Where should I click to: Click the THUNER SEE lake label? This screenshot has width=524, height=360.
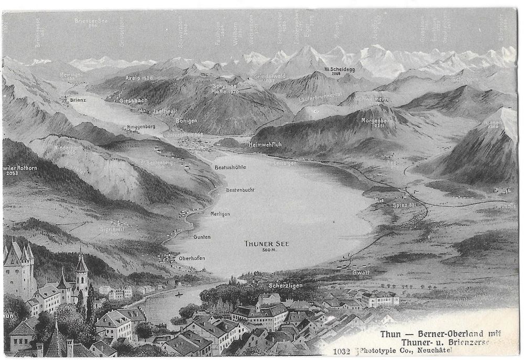[x=267, y=243]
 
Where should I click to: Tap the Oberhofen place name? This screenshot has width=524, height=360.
[x=191, y=258]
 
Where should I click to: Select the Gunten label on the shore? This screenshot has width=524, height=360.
[x=202, y=237]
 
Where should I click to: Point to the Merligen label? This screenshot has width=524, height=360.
[x=220, y=214]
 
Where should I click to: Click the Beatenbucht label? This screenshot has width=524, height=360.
[x=240, y=189]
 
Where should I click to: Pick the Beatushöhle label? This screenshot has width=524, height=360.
[x=231, y=167]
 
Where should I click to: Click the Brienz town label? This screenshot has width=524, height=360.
[x=78, y=99]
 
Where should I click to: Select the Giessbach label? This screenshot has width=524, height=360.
[x=133, y=100]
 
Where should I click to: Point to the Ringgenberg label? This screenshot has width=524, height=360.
[x=141, y=127]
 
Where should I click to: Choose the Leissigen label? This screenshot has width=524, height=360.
[x=285, y=163]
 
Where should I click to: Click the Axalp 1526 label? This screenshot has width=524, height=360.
[x=138, y=78]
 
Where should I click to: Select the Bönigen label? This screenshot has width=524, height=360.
[x=186, y=120]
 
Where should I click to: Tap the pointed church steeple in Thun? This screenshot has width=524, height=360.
[x=81, y=262]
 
